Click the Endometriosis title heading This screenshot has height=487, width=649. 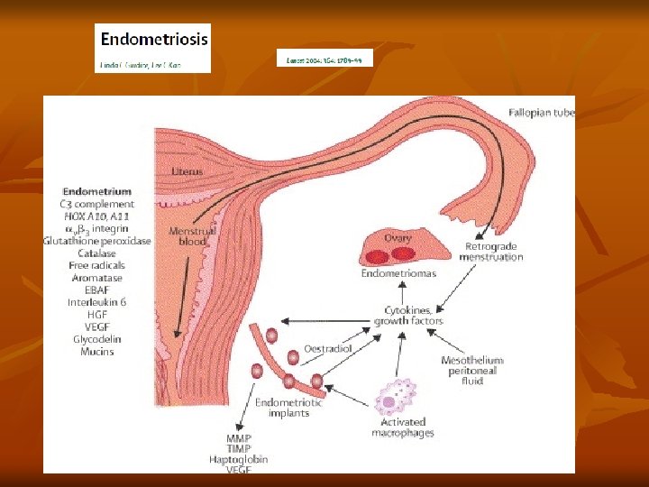click(153, 40)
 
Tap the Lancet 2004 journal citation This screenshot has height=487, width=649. click(324, 60)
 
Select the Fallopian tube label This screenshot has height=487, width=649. click(541, 113)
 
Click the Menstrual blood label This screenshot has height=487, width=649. click(192, 236)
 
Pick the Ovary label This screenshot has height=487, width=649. click(398, 238)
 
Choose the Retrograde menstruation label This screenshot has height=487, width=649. click(493, 252)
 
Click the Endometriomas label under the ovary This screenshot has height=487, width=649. click(398, 272)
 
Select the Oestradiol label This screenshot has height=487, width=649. click(326, 347)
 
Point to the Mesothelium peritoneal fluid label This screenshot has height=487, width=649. click(471, 371)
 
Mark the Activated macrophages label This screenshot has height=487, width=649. click(402, 427)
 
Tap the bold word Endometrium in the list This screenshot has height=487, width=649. click(96, 191)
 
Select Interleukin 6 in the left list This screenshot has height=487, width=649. click(96, 302)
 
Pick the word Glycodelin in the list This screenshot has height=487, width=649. click(96, 339)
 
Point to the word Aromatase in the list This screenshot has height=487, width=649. click(96, 278)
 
